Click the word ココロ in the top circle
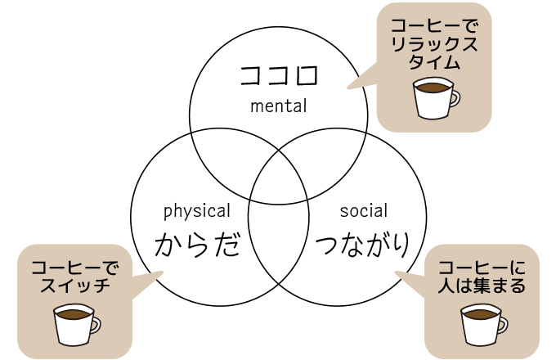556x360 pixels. [x=278, y=75]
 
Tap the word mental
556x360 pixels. [x=278, y=106]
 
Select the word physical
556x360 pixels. [x=196, y=211]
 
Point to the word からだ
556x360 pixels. [x=196, y=243]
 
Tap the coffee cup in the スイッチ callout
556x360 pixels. [x=75, y=324]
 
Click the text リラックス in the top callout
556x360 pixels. [x=433, y=44]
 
